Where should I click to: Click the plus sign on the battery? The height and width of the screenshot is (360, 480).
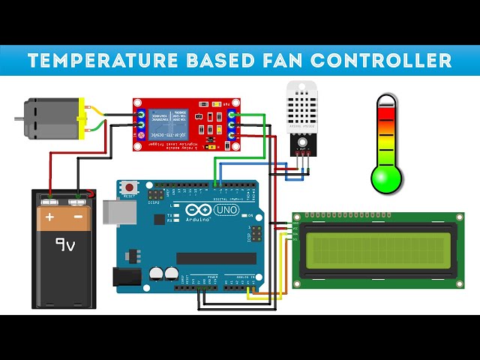click(50, 217)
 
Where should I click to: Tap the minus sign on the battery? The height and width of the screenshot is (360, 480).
click(77, 217)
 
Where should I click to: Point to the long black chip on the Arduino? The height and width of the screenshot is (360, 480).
click(211, 258)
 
